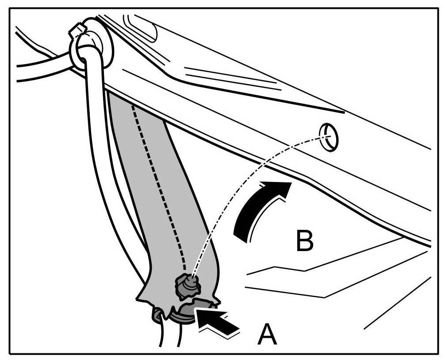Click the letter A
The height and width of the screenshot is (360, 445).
pos(267,335)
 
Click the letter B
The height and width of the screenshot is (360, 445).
pos(305,241)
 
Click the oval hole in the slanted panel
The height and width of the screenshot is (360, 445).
pos(329,138)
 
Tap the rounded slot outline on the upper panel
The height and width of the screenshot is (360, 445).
pos(142,29)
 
